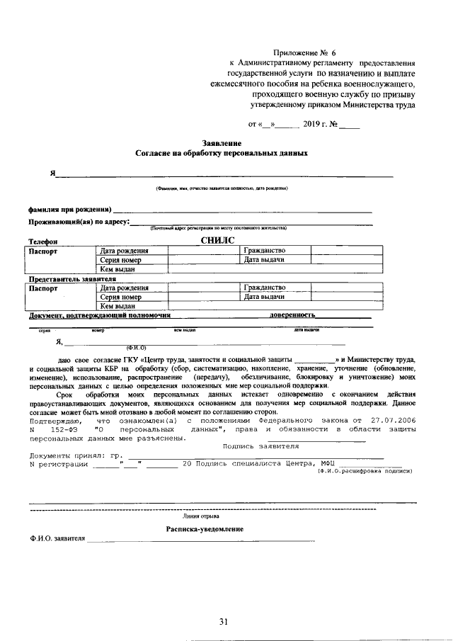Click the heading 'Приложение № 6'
click(x=305, y=53)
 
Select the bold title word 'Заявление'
click(x=222, y=143)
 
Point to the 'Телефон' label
click(x=42, y=242)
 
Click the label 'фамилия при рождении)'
click(x=69, y=210)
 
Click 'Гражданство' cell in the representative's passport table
click(x=265, y=288)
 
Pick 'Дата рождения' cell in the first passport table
click(x=124, y=251)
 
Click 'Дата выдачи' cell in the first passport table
click(x=264, y=260)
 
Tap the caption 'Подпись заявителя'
click(x=260, y=446)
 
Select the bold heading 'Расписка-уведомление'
click(x=205, y=529)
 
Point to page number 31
click(x=223, y=621)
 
